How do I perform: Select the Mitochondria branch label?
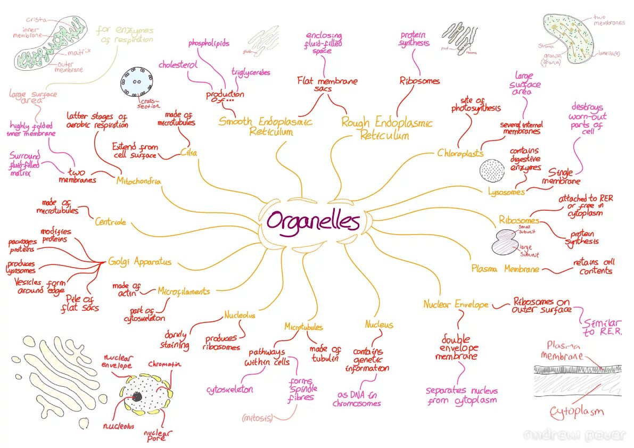138,181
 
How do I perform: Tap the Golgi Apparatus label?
140,262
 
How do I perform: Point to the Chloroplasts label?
460,153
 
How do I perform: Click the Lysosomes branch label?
506,192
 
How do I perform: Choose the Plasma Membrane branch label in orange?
505,269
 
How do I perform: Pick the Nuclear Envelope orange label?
456,304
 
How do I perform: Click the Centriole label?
110,221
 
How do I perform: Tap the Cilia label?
189,153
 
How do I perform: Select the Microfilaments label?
184,292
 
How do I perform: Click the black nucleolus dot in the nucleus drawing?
137,396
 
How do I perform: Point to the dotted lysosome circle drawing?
492,170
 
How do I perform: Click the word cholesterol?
178,65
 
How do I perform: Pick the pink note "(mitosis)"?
257,418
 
